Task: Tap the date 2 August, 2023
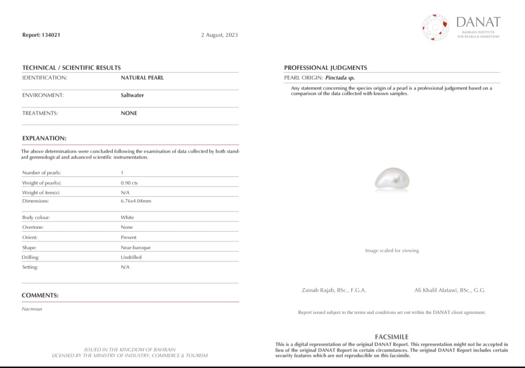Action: tap(219, 35)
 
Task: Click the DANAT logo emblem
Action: tap(435, 27)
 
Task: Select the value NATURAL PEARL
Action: tap(142, 77)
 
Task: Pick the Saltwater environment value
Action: tap(132, 95)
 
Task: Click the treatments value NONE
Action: tap(129, 113)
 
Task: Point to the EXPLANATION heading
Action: tap(44, 138)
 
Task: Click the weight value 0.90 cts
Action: tap(129, 183)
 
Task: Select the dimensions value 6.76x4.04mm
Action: tap(136, 200)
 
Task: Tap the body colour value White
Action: tap(127, 217)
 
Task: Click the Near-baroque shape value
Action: tap(136, 247)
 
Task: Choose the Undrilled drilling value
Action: tap(131, 257)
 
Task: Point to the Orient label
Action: tap(30, 237)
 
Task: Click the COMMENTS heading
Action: tap(40, 295)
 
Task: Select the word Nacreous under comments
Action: tap(32, 309)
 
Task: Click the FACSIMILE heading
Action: tap(392, 336)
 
